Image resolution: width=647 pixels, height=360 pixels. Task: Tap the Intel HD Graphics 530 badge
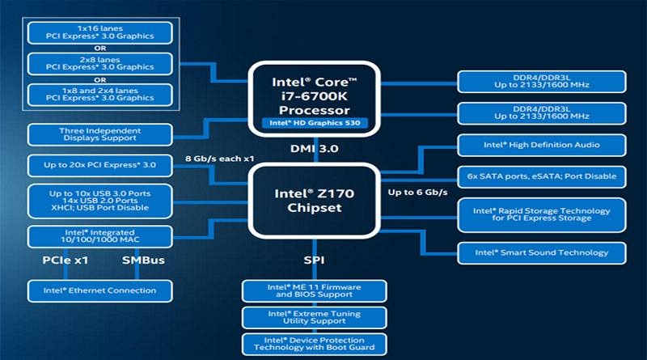(315, 124)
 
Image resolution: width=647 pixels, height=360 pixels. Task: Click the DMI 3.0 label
(315, 149)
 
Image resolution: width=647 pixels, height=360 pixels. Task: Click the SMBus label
(143, 260)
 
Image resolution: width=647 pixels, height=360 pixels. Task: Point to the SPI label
(315, 260)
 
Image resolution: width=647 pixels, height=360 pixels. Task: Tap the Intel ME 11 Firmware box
(315, 290)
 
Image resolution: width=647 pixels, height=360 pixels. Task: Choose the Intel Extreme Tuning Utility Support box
(315, 317)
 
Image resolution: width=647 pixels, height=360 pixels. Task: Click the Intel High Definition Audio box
(542, 146)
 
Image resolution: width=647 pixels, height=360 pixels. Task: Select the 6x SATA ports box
(542, 176)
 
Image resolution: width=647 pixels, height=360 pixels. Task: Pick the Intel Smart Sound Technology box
(542, 252)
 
